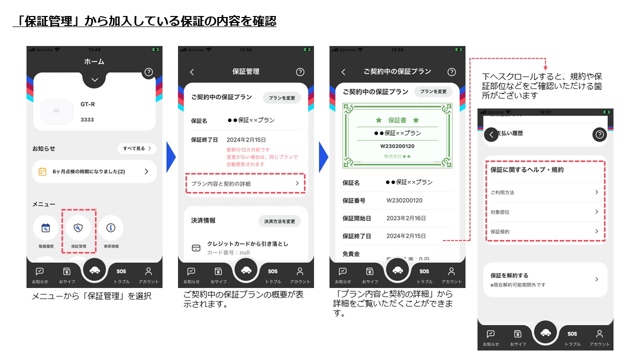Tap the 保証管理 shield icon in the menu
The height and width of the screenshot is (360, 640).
78,228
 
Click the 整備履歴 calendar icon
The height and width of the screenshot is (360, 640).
45,228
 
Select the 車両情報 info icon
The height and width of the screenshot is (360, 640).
111,228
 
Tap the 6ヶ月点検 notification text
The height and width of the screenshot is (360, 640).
88,171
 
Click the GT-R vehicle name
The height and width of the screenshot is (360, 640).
88,104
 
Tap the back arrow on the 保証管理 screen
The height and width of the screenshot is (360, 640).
192,72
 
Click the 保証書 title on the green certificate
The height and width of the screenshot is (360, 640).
397,120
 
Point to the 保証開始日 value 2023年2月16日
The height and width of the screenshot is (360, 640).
406,218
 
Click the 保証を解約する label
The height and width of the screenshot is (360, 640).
509,275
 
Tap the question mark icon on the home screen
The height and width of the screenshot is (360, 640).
148,72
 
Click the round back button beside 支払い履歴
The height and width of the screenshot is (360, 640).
491,134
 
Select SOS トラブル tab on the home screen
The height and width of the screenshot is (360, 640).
121,275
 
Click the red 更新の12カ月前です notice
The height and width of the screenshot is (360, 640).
248,150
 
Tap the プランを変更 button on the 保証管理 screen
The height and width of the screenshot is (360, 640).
281,98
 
